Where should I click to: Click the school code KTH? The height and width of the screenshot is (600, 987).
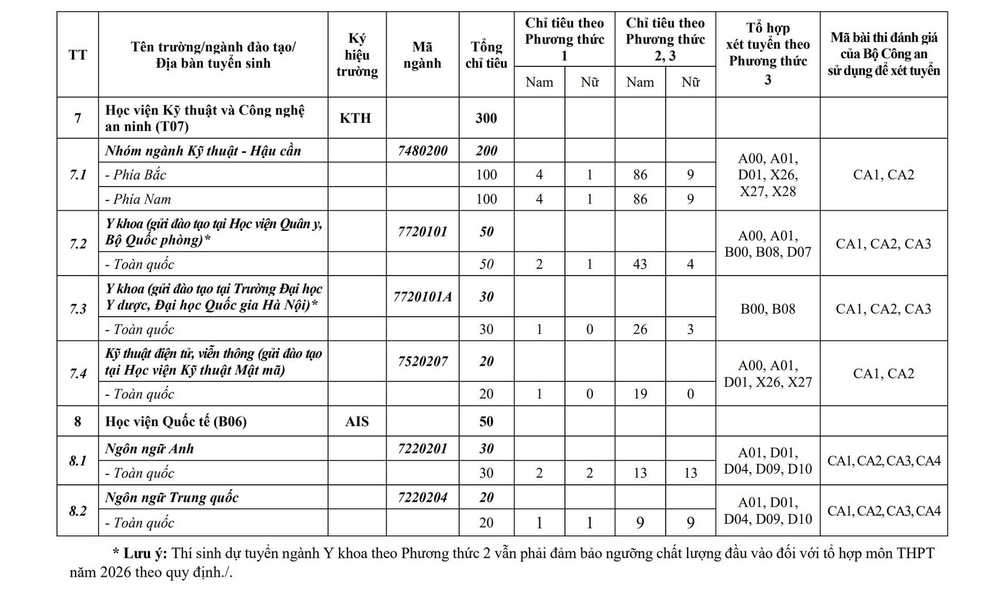pyautogui.click(x=355, y=118)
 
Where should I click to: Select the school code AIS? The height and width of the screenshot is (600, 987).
pyautogui.click(x=357, y=422)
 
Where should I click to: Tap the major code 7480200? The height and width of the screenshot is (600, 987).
pyautogui.click(x=423, y=151)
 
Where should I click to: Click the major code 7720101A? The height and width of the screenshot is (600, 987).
pyautogui.click(x=423, y=297)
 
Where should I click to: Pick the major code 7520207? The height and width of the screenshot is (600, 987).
pyautogui.click(x=423, y=361)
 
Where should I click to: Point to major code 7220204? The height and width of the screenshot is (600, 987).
pyautogui.click(x=423, y=497)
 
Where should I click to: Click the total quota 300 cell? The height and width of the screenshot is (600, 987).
pyautogui.click(x=486, y=118)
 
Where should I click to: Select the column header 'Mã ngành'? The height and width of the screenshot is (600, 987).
pyautogui.click(x=422, y=55)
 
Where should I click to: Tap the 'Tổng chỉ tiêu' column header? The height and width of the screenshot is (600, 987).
pyautogui.click(x=486, y=55)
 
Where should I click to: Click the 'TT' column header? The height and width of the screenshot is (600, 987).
pyautogui.click(x=78, y=55)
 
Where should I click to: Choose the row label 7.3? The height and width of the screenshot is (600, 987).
pyautogui.click(x=78, y=308)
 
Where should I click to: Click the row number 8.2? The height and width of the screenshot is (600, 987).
pyautogui.click(x=78, y=511)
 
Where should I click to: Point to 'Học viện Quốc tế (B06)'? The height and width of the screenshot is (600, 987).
pyautogui.click(x=176, y=422)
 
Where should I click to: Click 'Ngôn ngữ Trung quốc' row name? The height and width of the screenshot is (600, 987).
pyautogui.click(x=172, y=498)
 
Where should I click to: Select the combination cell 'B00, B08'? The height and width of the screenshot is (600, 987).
pyautogui.click(x=767, y=308)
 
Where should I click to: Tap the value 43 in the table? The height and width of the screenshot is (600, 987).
pyautogui.click(x=640, y=264)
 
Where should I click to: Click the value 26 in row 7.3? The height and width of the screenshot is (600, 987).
pyautogui.click(x=640, y=329)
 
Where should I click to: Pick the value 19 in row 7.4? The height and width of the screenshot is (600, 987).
pyautogui.click(x=640, y=394)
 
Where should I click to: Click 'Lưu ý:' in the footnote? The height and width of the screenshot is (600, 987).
pyautogui.click(x=145, y=553)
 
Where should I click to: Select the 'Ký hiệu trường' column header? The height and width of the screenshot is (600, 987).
pyautogui.click(x=357, y=55)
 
